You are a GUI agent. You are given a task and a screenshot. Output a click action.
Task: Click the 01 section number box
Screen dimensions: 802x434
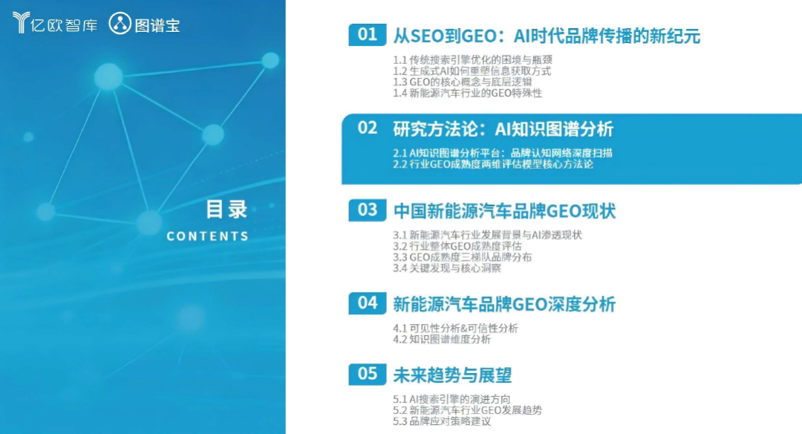pyautogui.click(x=368, y=35)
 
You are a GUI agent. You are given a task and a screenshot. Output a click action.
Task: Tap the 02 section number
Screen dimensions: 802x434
pyautogui.click(x=368, y=128)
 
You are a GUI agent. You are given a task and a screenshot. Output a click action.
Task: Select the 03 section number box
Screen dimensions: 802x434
pyautogui.click(x=368, y=210)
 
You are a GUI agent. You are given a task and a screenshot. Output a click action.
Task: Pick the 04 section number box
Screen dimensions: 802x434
pyautogui.click(x=368, y=303)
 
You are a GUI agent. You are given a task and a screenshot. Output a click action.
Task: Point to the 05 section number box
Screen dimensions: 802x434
pyautogui.click(x=368, y=374)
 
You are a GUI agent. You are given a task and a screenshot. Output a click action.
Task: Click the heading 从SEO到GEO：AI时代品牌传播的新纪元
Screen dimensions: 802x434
pyautogui.click(x=547, y=36)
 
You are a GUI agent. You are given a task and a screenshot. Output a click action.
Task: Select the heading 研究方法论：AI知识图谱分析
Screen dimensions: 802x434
pyautogui.click(x=503, y=129)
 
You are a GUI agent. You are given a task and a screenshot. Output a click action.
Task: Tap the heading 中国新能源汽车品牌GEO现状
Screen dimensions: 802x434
pyautogui.click(x=504, y=211)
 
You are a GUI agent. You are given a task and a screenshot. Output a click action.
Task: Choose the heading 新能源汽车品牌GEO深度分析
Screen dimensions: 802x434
pyautogui.click(x=504, y=304)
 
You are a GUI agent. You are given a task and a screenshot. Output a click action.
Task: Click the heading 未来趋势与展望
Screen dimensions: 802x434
pyautogui.click(x=452, y=375)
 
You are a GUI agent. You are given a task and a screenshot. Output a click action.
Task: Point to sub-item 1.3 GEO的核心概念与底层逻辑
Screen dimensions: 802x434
pyautogui.click(x=463, y=82)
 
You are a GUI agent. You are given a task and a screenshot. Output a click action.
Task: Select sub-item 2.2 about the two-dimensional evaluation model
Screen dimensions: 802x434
pyautogui.click(x=493, y=164)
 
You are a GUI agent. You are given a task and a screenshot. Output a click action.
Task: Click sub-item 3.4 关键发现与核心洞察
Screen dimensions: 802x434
pyautogui.click(x=447, y=268)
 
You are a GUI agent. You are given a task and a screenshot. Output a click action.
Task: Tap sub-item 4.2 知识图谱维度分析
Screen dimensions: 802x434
pyautogui.click(x=442, y=340)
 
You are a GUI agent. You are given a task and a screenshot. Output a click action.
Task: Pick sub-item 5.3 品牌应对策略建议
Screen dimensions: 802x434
pyautogui.click(x=442, y=421)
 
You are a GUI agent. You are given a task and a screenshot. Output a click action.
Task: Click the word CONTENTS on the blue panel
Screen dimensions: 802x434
pyautogui.click(x=208, y=236)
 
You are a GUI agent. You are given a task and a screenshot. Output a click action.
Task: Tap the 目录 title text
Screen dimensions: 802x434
pyautogui.click(x=226, y=210)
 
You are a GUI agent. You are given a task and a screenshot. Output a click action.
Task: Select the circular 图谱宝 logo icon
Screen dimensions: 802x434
pyautogui.click(x=120, y=24)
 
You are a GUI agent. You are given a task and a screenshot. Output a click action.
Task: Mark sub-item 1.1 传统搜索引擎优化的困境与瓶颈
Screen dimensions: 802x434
pyautogui.click(x=472, y=60)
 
